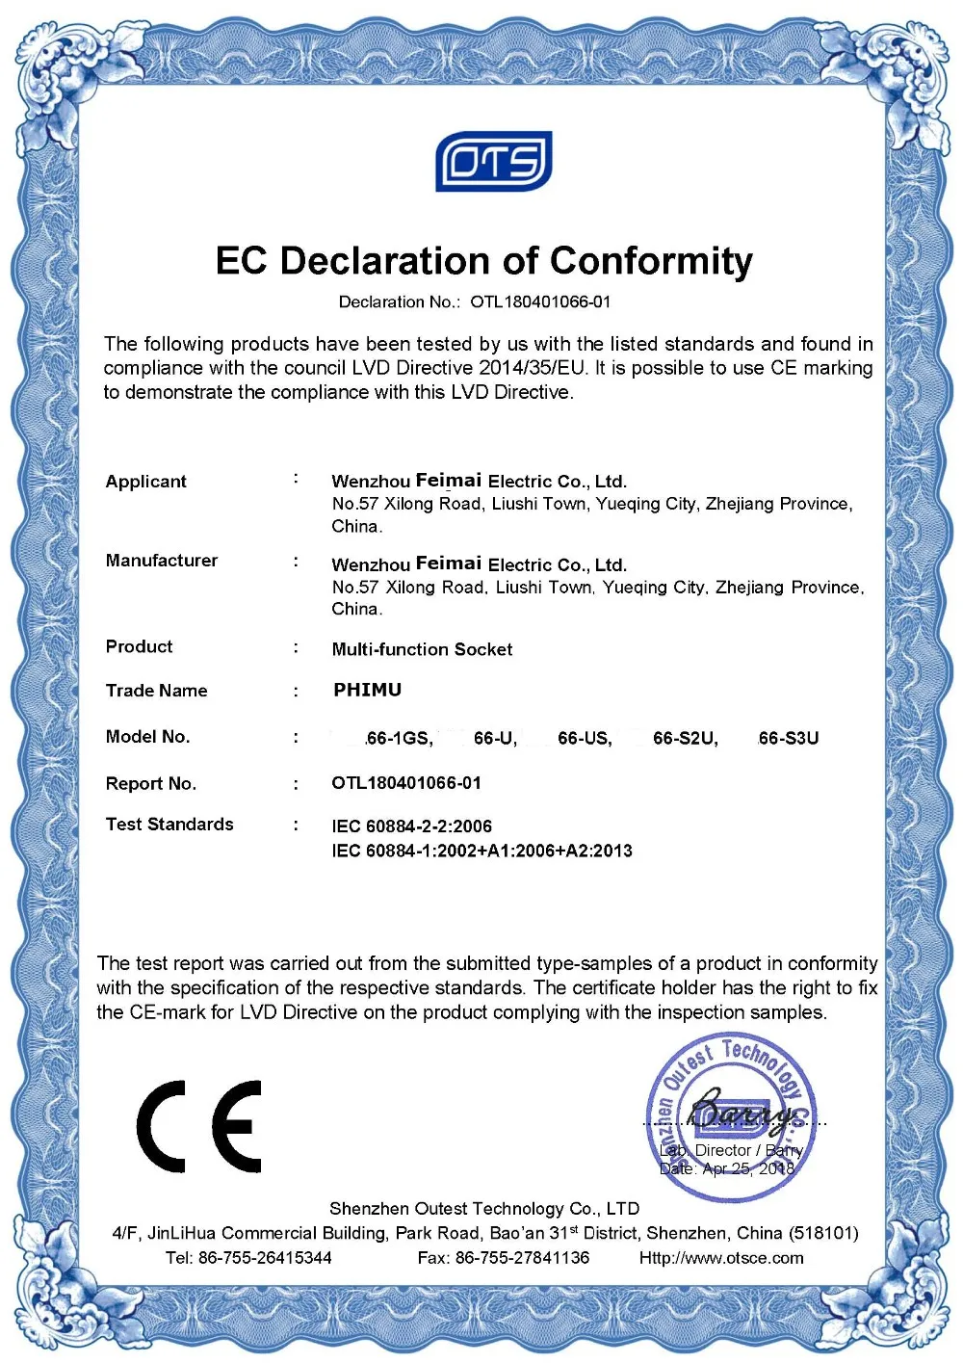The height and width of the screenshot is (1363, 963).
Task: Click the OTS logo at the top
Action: point(493,162)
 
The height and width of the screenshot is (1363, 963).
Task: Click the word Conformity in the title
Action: point(651,261)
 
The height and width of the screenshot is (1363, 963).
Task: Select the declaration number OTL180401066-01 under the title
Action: point(539,302)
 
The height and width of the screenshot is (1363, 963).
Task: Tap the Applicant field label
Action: point(146,482)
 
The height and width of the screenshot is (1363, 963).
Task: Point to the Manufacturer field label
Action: point(162,561)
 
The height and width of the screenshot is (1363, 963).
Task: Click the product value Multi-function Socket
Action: point(422,649)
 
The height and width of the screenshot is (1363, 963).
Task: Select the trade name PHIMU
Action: point(367,690)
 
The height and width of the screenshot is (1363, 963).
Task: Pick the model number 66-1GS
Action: point(399,738)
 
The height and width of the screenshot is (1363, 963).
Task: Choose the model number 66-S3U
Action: point(789,738)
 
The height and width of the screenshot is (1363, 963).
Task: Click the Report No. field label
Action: point(151,784)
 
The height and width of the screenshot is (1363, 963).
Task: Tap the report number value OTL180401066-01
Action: point(406,783)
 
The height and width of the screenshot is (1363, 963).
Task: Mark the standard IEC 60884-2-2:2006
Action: point(411,826)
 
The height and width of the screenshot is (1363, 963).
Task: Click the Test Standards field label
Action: point(169,825)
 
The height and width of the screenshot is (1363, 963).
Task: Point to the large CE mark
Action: point(199,1126)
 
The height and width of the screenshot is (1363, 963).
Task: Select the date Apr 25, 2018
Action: point(749,1168)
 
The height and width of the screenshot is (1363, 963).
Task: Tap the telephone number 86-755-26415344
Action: point(265,1258)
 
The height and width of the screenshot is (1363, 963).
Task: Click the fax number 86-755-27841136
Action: point(522,1258)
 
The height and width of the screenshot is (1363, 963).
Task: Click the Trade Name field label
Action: point(157,691)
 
